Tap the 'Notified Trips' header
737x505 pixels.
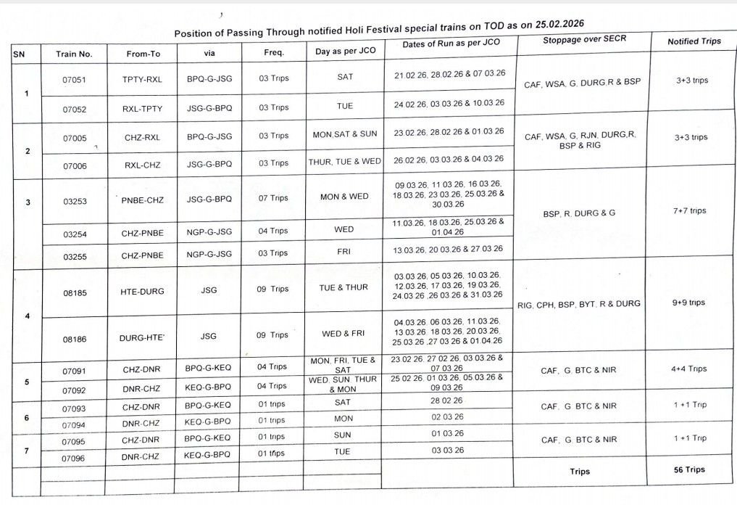point(694,41)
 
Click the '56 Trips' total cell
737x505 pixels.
point(688,469)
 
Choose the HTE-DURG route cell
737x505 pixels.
point(142,291)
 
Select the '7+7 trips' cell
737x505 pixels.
point(688,211)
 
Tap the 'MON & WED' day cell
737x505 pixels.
point(344,197)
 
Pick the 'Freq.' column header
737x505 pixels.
point(274,52)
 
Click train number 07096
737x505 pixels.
point(74,458)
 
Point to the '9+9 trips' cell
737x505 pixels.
point(688,303)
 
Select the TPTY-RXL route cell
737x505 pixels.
point(142,79)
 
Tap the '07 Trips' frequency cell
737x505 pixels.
point(274,198)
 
